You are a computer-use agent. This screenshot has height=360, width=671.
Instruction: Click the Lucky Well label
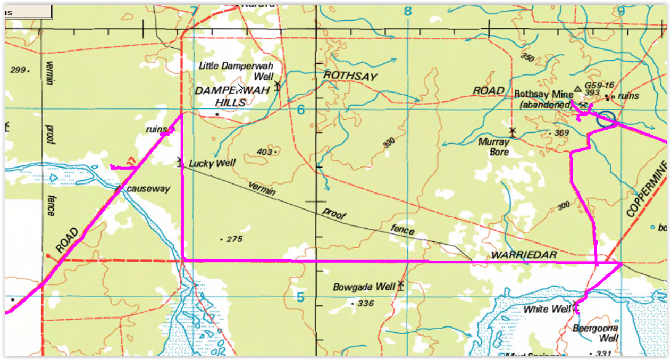tap(212, 164)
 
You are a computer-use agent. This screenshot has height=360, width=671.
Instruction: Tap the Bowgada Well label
tap(364, 287)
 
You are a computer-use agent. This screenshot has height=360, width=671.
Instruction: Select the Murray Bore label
tap(493, 147)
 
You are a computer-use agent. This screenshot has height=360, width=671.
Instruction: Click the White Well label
tap(547, 309)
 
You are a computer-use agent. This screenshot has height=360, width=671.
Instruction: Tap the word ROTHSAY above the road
tap(350, 77)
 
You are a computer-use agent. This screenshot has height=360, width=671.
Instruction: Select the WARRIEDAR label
tap(524, 255)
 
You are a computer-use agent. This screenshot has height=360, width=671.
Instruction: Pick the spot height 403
tap(264, 152)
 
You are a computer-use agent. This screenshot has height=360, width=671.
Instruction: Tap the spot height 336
tap(366, 304)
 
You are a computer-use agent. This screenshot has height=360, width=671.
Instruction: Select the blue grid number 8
tap(408, 11)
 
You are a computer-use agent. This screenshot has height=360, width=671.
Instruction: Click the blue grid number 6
tap(301, 110)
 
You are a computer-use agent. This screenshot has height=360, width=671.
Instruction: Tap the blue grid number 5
tap(300, 297)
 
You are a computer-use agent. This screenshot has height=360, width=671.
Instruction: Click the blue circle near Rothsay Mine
tap(605, 119)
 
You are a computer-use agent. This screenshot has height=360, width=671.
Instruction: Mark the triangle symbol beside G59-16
tap(578, 89)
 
